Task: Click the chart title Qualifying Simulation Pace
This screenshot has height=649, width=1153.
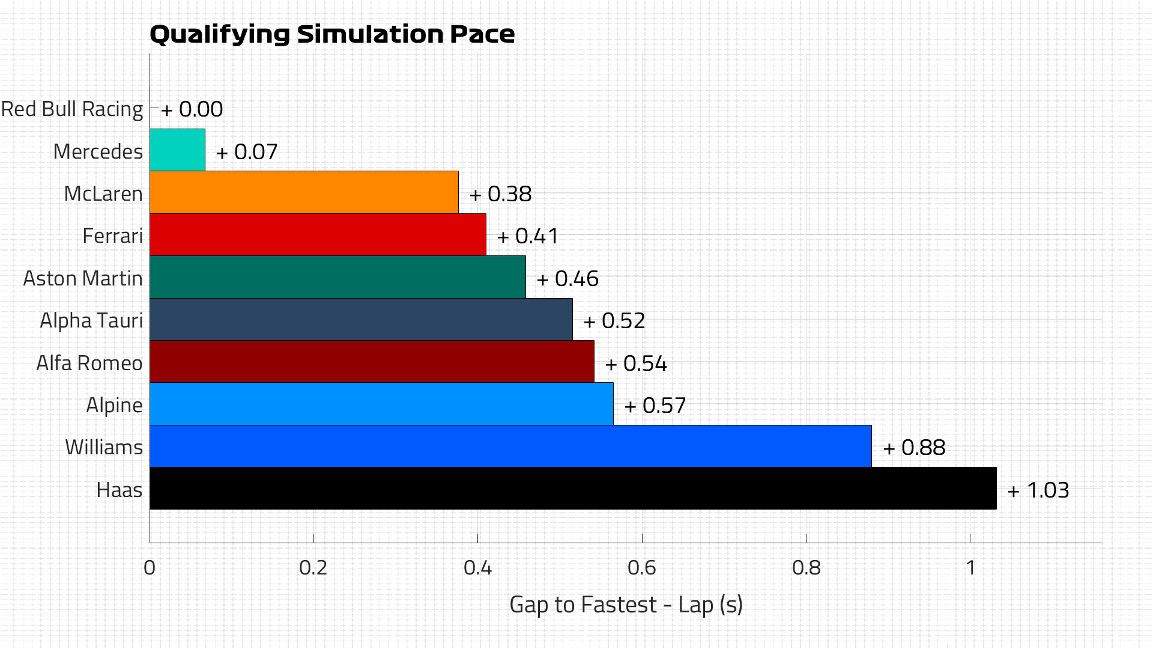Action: (x=331, y=34)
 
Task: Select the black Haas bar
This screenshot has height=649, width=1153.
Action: (x=573, y=489)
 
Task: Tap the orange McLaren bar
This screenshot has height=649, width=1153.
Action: (x=304, y=192)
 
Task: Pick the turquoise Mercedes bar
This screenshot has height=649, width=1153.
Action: (x=177, y=150)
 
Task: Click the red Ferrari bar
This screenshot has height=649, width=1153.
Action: (x=318, y=235)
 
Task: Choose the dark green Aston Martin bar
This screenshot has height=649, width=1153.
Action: (x=337, y=277)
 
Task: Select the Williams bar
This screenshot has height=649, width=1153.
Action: (x=510, y=446)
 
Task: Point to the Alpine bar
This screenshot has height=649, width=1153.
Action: (x=381, y=404)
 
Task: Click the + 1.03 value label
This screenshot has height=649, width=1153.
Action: (x=1038, y=490)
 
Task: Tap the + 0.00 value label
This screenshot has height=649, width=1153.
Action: (x=192, y=109)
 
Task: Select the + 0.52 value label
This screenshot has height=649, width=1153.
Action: (x=614, y=321)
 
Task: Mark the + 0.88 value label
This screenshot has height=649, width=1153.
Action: (x=915, y=448)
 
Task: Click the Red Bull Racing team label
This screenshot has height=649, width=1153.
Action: (x=72, y=109)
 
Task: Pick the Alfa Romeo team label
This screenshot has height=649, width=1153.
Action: (x=89, y=363)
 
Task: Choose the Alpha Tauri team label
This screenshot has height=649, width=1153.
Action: (x=91, y=321)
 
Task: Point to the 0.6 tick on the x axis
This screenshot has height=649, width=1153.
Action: (x=641, y=567)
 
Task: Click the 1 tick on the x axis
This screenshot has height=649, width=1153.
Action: (x=970, y=567)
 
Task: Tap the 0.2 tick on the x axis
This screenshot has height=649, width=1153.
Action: (x=313, y=567)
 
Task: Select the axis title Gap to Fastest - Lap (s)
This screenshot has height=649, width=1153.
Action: (x=626, y=605)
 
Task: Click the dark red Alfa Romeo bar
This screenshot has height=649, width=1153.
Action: (x=372, y=362)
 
